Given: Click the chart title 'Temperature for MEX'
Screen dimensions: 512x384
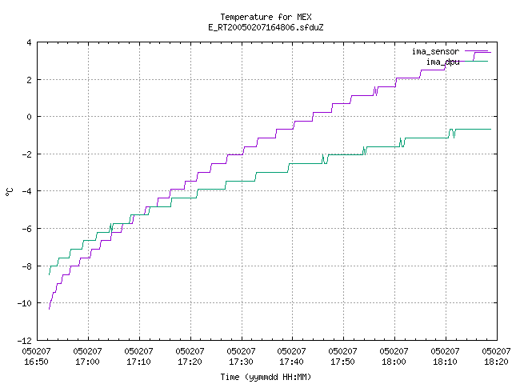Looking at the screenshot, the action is (x=266, y=17).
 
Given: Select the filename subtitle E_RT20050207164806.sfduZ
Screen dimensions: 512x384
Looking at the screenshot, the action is (x=266, y=27).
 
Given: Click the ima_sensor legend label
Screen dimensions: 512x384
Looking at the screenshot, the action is (x=435, y=51).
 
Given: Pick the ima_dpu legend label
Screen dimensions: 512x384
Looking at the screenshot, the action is (x=443, y=62).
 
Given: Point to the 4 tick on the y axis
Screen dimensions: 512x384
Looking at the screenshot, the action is (x=30, y=42).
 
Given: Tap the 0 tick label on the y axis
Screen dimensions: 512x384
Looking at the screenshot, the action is (x=30, y=117).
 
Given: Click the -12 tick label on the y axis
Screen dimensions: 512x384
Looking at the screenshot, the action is (x=25, y=341).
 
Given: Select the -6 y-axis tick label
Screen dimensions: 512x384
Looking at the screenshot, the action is (x=26, y=229).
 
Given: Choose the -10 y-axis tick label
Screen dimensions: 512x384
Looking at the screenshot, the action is (x=25, y=303).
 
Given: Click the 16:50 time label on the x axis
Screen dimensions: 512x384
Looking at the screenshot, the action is (x=36, y=362).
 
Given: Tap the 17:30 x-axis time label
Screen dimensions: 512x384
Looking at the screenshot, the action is (x=241, y=362).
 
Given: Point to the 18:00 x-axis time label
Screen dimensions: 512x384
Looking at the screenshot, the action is (x=394, y=362).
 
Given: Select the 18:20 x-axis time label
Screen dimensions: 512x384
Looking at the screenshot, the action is (x=496, y=362).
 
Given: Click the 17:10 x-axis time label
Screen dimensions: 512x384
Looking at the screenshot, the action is (x=138, y=362).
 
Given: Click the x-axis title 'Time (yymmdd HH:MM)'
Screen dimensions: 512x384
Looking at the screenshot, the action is (x=266, y=377).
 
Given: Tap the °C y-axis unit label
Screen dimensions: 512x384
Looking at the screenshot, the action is (x=10, y=192).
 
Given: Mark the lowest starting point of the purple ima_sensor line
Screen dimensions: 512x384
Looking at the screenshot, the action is (x=50, y=309).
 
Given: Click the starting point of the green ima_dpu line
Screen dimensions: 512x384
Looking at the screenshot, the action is (x=50, y=274).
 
